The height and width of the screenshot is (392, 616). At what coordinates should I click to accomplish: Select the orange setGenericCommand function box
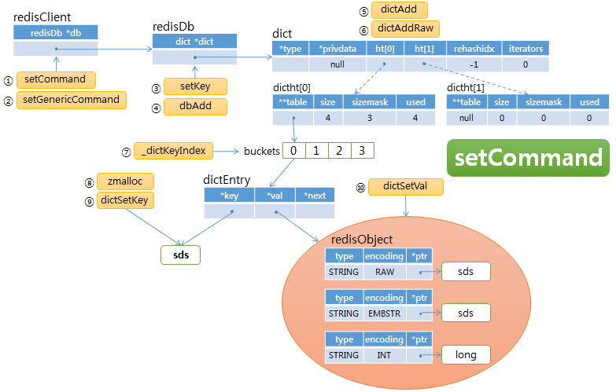72,100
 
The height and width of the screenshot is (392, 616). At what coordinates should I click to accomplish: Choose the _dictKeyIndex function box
174,150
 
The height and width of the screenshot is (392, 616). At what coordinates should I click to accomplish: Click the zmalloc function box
124,181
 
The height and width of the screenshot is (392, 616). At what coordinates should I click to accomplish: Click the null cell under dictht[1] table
467,118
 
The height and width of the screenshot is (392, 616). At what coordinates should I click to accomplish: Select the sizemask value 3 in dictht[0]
368,118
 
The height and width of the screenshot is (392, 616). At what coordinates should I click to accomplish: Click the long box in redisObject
466,354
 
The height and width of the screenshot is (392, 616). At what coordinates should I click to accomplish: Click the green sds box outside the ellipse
179,255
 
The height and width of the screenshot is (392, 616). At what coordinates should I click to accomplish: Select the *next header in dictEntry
314,196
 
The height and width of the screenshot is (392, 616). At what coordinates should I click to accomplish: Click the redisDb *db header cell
54,32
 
